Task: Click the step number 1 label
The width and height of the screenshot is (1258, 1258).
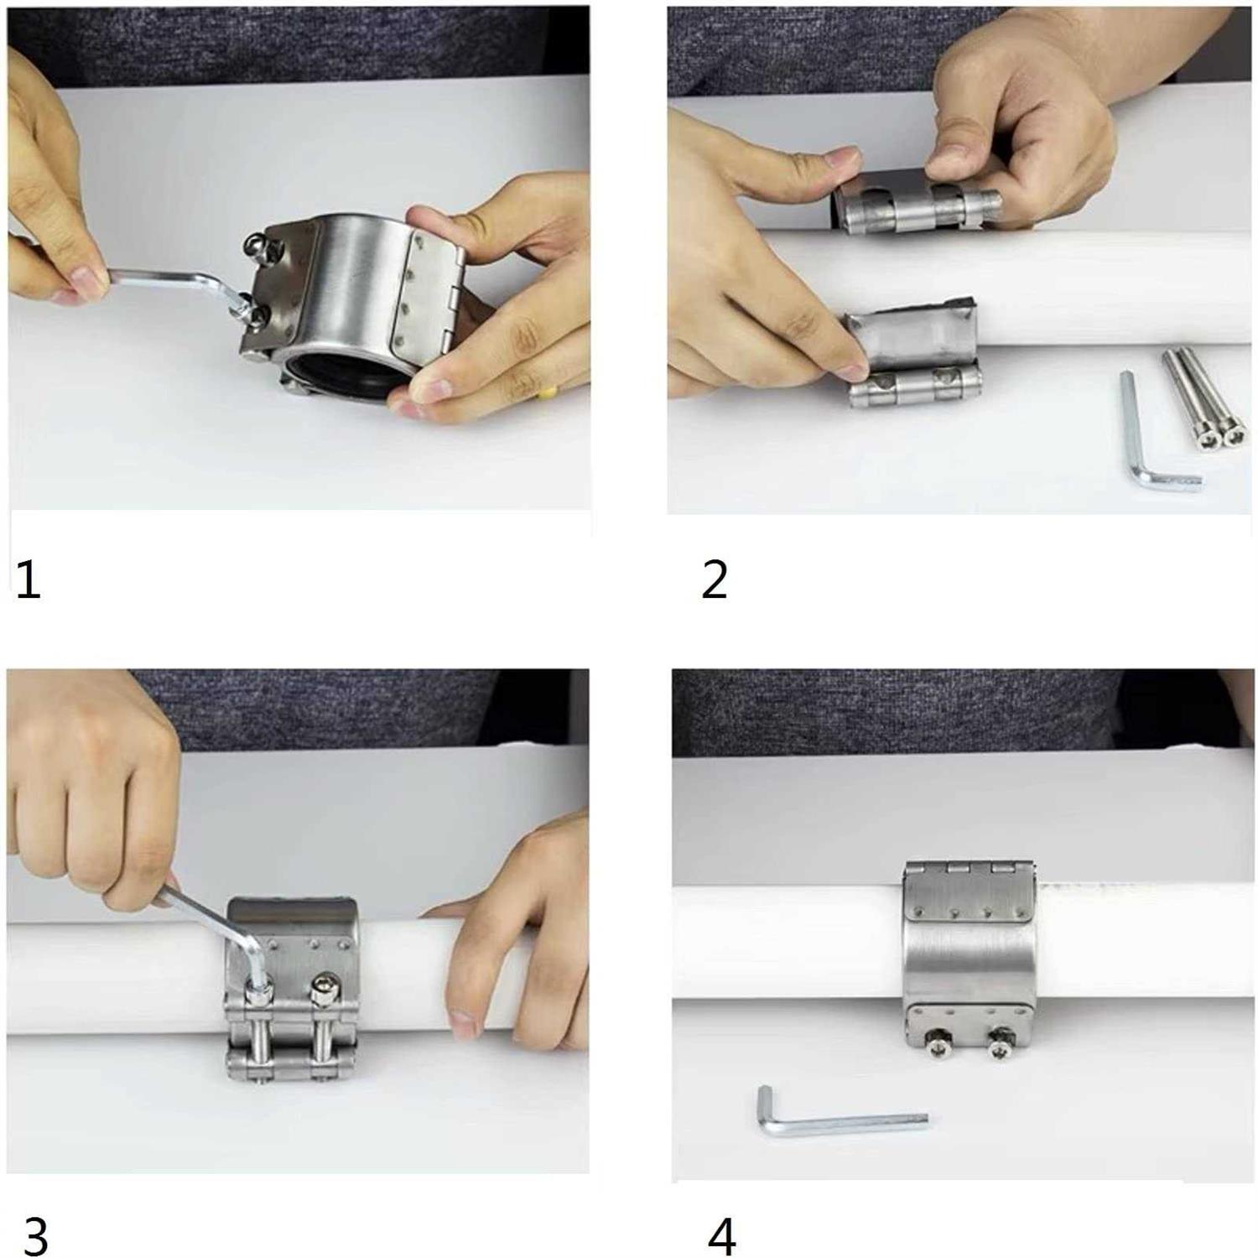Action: pyautogui.click(x=29, y=580)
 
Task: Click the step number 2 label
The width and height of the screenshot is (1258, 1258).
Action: pyautogui.click(x=714, y=580)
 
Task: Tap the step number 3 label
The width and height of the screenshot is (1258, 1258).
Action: pyautogui.click(x=35, y=1235)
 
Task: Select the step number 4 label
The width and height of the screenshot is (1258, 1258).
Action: pyautogui.click(x=721, y=1235)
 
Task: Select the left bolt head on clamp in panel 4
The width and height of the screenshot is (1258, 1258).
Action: pyautogui.click(x=937, y=1043)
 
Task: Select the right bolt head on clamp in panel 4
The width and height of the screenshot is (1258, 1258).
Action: pyautogui.click(x=998, y=1047)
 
